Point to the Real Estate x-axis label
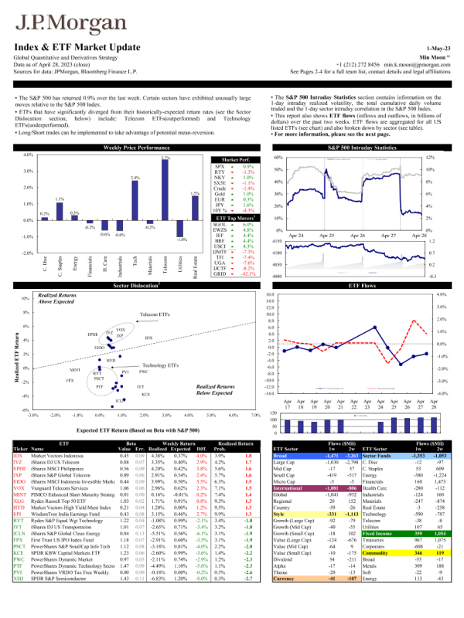[196, 260]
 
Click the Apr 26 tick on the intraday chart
[357, 234]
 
